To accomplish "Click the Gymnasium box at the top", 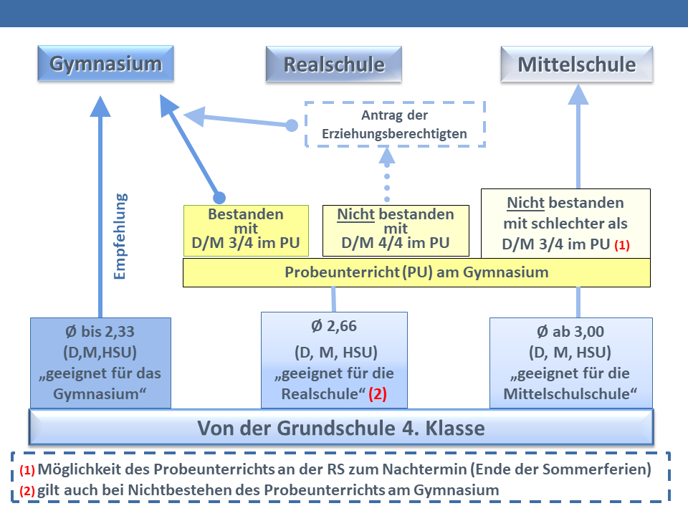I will coord(106,64).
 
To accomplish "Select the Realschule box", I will coord(334,64).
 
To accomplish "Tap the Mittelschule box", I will coord(576,64).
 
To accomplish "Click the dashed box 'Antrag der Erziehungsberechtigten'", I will coord(395,124).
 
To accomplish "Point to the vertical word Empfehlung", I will coord(120,235).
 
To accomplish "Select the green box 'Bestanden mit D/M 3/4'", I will coord(246,231).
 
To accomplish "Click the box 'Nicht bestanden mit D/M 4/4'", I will coord(395,231).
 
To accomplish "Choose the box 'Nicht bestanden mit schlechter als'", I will coord(565,223).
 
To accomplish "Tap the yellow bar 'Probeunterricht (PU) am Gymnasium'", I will coord(416,272).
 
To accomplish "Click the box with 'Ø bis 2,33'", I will coord(100,363).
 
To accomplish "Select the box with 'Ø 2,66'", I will coord(334,360).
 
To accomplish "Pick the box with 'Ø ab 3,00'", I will coord(570,363).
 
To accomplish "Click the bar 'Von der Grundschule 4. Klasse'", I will coord(341,429).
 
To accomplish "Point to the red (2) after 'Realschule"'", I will coord(378,394).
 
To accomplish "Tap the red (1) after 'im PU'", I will coord(621,244).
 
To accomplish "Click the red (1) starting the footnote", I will coord(27,471).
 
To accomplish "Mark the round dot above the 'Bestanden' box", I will coord(220,197).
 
